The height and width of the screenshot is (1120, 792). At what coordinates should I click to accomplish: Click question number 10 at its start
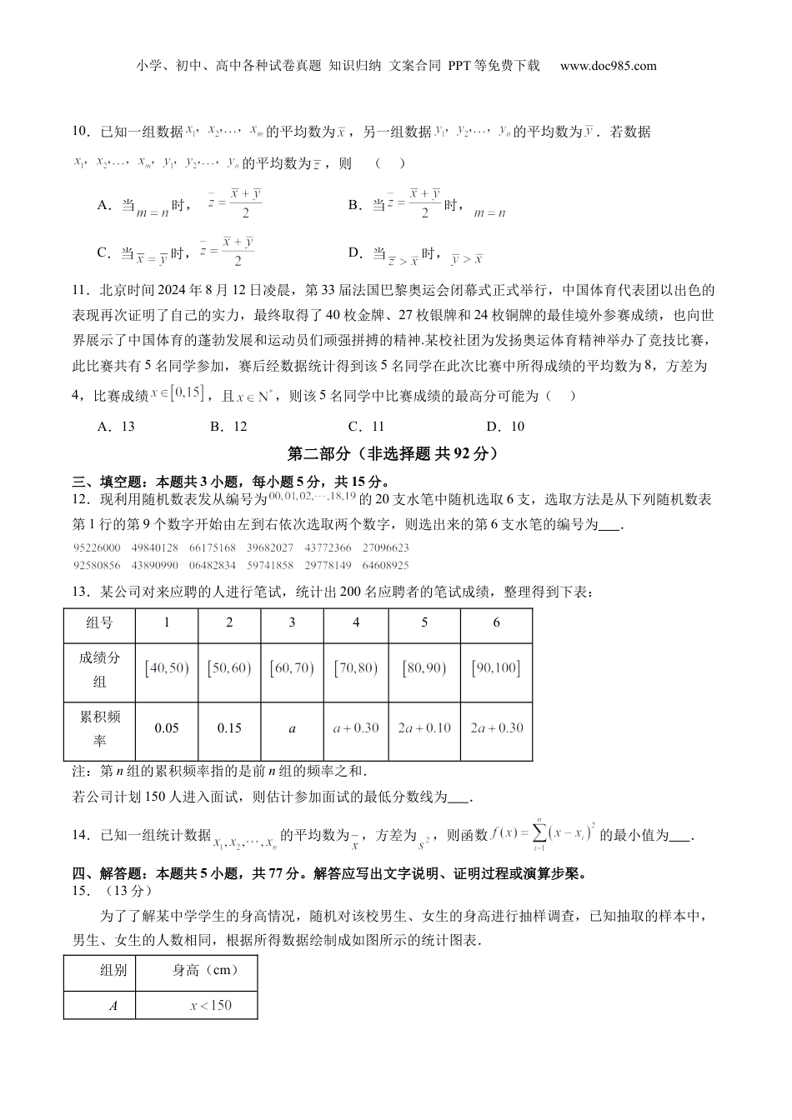(81, 132)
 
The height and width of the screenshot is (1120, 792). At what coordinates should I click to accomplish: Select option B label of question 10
(353, 205)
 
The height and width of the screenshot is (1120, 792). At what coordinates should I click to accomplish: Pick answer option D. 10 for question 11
(506, 427)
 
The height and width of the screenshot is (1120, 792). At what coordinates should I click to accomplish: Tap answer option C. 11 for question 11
(367, 427)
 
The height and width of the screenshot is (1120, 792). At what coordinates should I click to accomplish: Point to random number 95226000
(97, 547)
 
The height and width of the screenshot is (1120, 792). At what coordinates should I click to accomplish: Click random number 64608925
(386, 565)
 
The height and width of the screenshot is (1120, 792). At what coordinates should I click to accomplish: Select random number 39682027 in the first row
(270, 547)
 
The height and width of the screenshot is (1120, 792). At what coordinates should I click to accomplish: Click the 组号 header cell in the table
(99, 623)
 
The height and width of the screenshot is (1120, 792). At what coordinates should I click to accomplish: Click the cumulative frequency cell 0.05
(167, 728)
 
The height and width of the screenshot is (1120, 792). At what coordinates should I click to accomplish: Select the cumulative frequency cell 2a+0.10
(424, 728)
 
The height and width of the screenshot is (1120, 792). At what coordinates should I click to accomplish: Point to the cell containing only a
(292, 728)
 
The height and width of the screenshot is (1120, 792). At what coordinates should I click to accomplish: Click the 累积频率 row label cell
(99, 728)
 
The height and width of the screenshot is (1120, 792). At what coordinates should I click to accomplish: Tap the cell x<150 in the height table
(211, 1005)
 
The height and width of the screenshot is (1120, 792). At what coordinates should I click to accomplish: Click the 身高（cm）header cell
(205, 970)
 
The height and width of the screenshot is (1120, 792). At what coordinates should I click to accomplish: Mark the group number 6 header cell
(496, 623)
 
